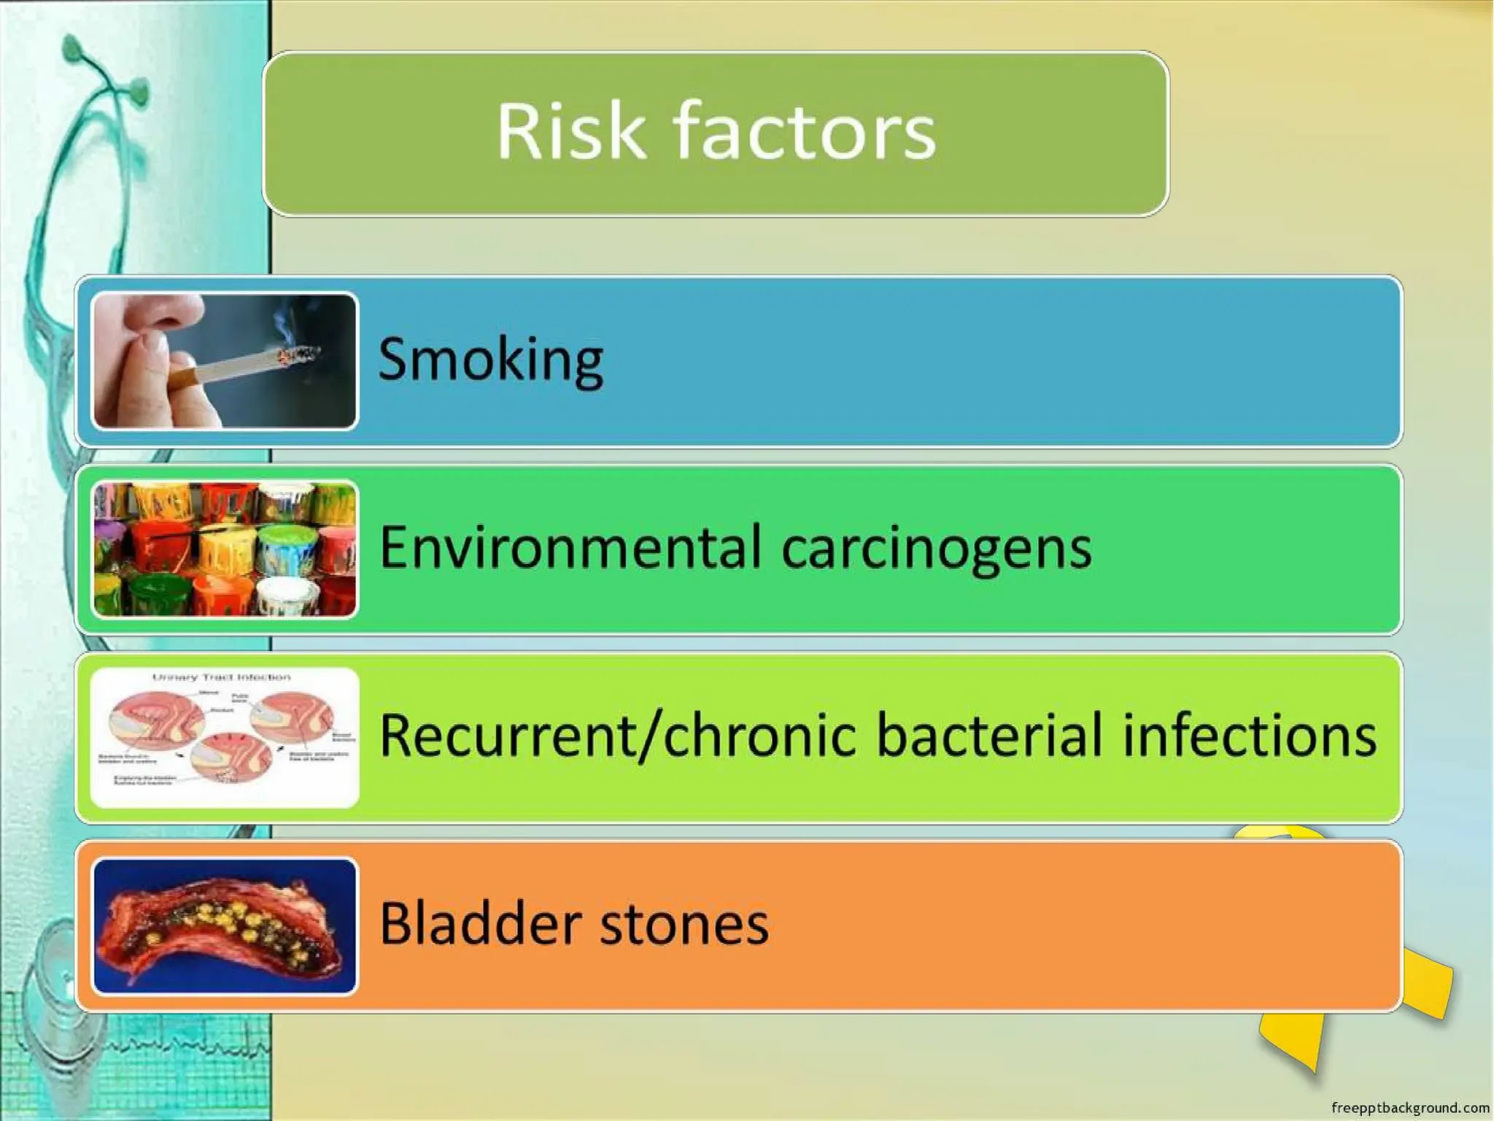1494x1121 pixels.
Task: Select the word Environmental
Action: (x=570, y=547)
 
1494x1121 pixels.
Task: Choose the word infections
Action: (x=1249, y=736)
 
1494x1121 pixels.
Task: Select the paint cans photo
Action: (x=225, y=549)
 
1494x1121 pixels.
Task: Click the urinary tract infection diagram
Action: (x=225, y=737)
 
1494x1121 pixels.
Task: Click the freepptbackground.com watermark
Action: (x=1409, y=1108)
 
